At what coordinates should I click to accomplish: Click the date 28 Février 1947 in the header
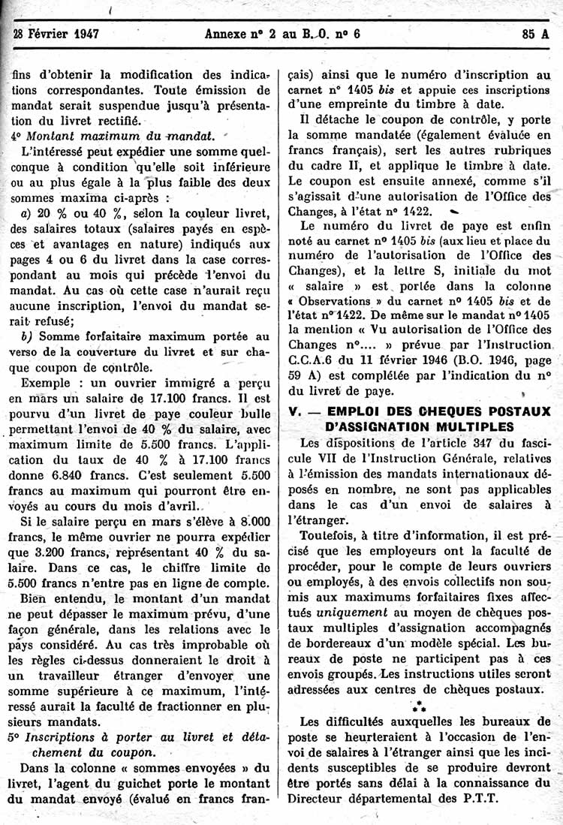coord(57,33)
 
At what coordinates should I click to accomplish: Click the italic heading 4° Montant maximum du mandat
coord(113,136)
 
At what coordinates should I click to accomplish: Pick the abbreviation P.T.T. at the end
coord(479,799)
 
